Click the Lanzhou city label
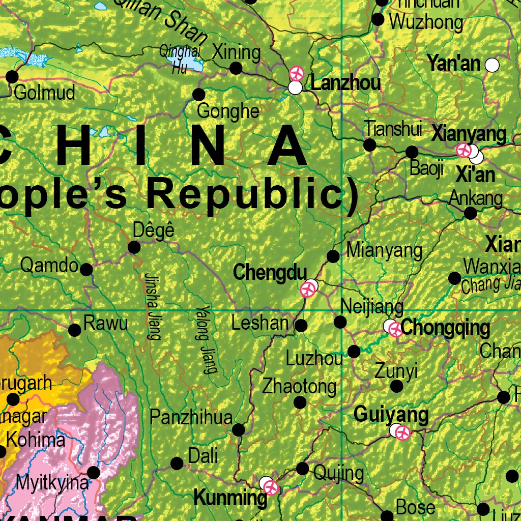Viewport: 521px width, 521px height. [345, 82]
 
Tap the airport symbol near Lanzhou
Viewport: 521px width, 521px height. [296, 74]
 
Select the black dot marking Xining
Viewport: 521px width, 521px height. [236, 68]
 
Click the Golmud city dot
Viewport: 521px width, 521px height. [12, 77]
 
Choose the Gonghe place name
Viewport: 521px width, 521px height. [228, 110]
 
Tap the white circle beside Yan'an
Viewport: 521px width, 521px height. [492, 65]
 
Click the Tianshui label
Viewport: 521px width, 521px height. [393, 129]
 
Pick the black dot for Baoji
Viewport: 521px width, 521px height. [412, 152]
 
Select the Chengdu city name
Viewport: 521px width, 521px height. [270, 273]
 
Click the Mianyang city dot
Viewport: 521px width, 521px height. [333, 256]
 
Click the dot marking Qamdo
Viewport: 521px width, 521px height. [86, 270]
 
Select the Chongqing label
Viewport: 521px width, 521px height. [445, 328]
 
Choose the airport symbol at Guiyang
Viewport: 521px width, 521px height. [403, 433]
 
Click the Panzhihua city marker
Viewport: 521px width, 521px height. [238, 430]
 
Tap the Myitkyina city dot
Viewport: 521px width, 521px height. [94, 473]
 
